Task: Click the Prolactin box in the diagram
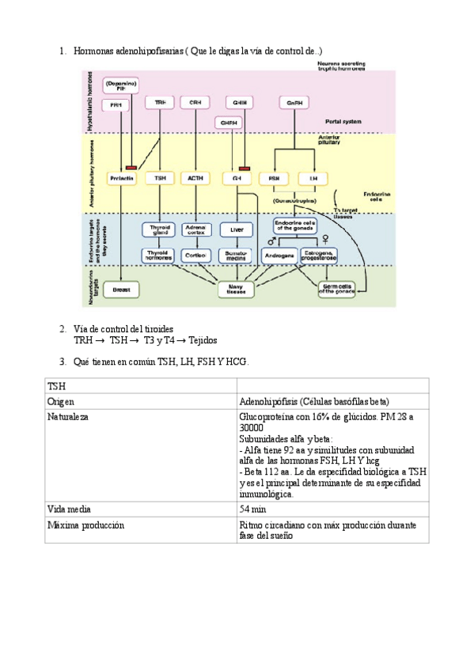coord(121,179)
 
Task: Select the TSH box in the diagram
coord(161,179)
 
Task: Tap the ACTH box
coord(195,179)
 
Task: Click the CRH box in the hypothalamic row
coord(194,103)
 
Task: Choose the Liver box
coord(235,230)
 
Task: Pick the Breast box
coord(121,290)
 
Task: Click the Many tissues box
coord(235,290)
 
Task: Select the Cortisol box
coord(195,256)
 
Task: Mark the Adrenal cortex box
coord(195,230)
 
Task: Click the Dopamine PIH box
coord(121,85)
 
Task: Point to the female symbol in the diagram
coord(324,239)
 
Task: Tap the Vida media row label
coord(70,510)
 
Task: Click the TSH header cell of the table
coord(56,385)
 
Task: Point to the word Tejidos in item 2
coord(203,340)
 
